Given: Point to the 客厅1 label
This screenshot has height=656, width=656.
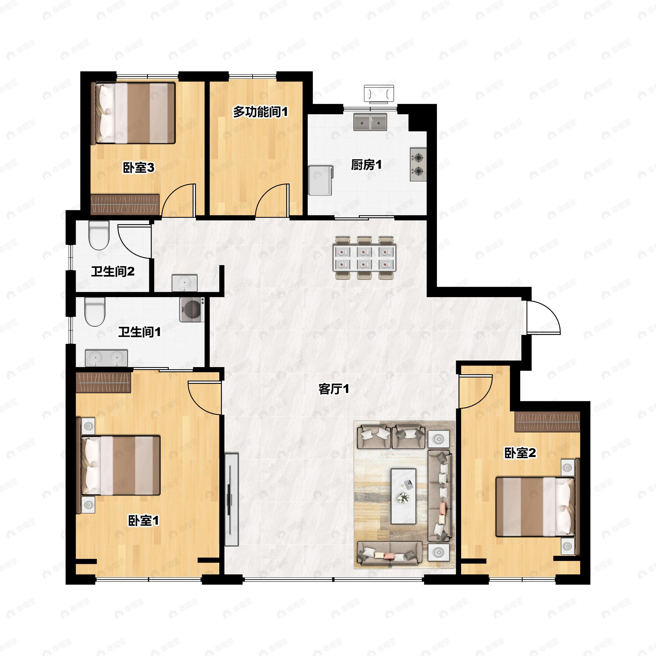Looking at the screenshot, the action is [334, 389].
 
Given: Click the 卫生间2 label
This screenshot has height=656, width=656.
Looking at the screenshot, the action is [113, 271].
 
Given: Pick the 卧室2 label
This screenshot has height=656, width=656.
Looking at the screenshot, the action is [520, 453].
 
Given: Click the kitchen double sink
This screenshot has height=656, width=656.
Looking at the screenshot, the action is [370, 122].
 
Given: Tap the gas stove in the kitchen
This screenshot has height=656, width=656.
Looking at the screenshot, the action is [418, 165].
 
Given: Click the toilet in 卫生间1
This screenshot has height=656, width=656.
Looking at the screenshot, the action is [95, 312].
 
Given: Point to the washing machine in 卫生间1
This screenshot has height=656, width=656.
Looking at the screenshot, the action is [192, 309].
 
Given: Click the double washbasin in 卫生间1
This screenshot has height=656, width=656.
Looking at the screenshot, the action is [106, 358].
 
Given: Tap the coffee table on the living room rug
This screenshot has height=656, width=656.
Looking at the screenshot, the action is [403, 496].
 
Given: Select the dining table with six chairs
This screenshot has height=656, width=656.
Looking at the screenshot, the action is [365, 258].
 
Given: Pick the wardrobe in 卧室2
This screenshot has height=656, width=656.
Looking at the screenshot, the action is [547, 422].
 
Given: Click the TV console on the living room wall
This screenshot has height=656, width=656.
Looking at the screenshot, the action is [231, 499].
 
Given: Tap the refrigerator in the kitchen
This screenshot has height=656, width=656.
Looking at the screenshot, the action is [320, 180].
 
